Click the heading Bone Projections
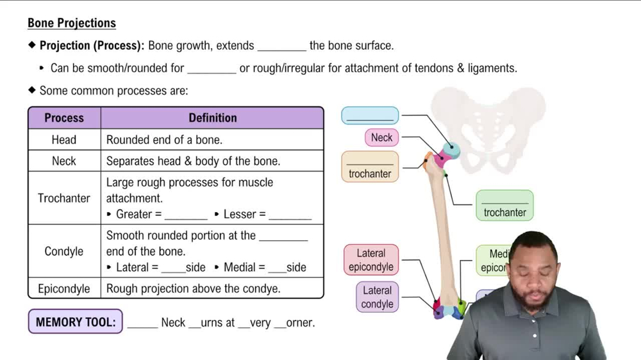(72, 23)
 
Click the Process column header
(64, 118)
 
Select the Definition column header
(212, 118)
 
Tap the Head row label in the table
(64, 140)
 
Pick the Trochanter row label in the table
(64, 198)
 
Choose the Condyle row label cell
(64, 251)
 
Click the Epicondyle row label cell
(64, 288)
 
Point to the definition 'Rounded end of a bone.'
(164, 140)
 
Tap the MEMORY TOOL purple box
(76, 322)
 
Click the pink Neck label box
(382, 138)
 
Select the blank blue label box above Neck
(370, 116)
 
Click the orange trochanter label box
(370, 167)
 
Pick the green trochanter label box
(504, 206)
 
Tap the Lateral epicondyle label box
(371, 260)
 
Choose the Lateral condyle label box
(377, 297)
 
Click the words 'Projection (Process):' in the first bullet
(92, 46)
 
